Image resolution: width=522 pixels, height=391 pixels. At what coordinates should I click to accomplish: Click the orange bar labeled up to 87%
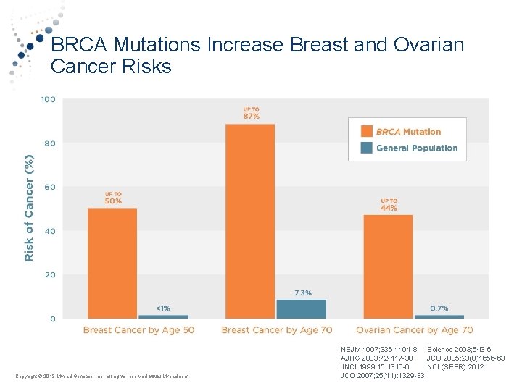pos(250,221)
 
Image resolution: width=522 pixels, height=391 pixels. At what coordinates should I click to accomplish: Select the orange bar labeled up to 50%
pos(112,263)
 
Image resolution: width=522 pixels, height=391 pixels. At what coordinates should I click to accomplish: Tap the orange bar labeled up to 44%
pos(388,266)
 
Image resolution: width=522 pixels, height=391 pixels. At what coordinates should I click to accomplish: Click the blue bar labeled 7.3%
pos(301,308)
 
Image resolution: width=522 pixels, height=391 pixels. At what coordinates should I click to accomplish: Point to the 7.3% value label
pos(303,293)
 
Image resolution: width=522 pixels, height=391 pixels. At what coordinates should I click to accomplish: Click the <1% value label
pos(163,308)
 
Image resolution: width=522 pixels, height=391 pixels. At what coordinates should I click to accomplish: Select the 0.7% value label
pos(439,308)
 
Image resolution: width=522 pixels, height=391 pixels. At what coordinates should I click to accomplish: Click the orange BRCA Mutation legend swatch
pos(366,132)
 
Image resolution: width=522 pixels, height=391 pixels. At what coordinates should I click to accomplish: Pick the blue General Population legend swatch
pos(366,148)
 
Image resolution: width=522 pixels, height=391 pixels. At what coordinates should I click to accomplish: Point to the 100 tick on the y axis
pos(48,99)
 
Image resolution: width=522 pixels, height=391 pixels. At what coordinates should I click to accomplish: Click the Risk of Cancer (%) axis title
pos(30,207)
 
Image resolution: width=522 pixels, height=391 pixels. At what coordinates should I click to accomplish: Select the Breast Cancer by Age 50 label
pos(138,330)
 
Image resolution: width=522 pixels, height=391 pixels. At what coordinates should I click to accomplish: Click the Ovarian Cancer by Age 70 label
pos(414,330)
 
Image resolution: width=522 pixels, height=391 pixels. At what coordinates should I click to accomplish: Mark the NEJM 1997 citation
pos(378,349)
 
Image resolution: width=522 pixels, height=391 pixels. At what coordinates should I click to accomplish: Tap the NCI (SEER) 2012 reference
pos(455,366)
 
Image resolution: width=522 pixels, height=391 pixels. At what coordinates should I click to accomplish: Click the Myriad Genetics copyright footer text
pos(102,376)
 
